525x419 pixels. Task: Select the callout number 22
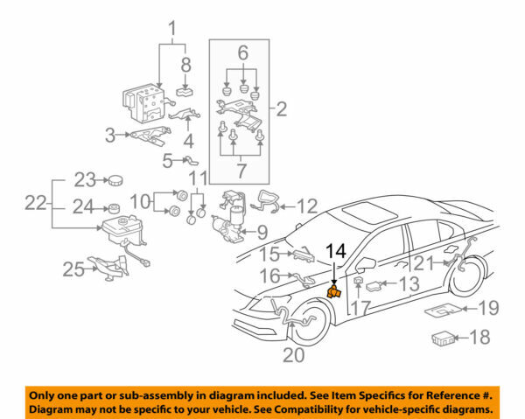pos(33,203)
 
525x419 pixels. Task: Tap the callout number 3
pos(110,135)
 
